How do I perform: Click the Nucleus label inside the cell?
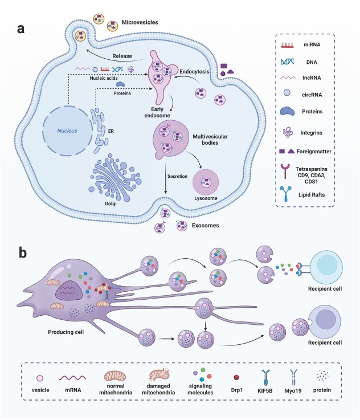(67, 131)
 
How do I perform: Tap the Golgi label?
(111, 203)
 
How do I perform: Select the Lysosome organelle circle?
(206, 182)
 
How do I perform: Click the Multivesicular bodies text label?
(210, 140)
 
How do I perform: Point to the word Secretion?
(178, 176)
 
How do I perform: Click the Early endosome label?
(157, 112)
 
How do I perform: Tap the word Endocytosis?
(194, 71)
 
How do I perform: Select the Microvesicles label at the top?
(140, 22)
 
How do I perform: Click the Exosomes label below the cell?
(205, 226)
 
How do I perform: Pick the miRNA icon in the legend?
(287, 45)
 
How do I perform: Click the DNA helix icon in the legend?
(287, 62)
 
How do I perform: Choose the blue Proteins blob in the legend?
(288, 111)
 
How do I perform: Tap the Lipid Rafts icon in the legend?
(286, 194)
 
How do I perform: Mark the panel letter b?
(23, 252)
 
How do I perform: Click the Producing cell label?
(66, 332)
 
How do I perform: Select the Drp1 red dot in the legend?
(236, 377)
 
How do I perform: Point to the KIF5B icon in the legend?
(265, 377)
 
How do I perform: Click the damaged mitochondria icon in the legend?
(159, 374)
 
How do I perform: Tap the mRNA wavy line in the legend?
(72, 378)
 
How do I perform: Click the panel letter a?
(21, 28)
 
